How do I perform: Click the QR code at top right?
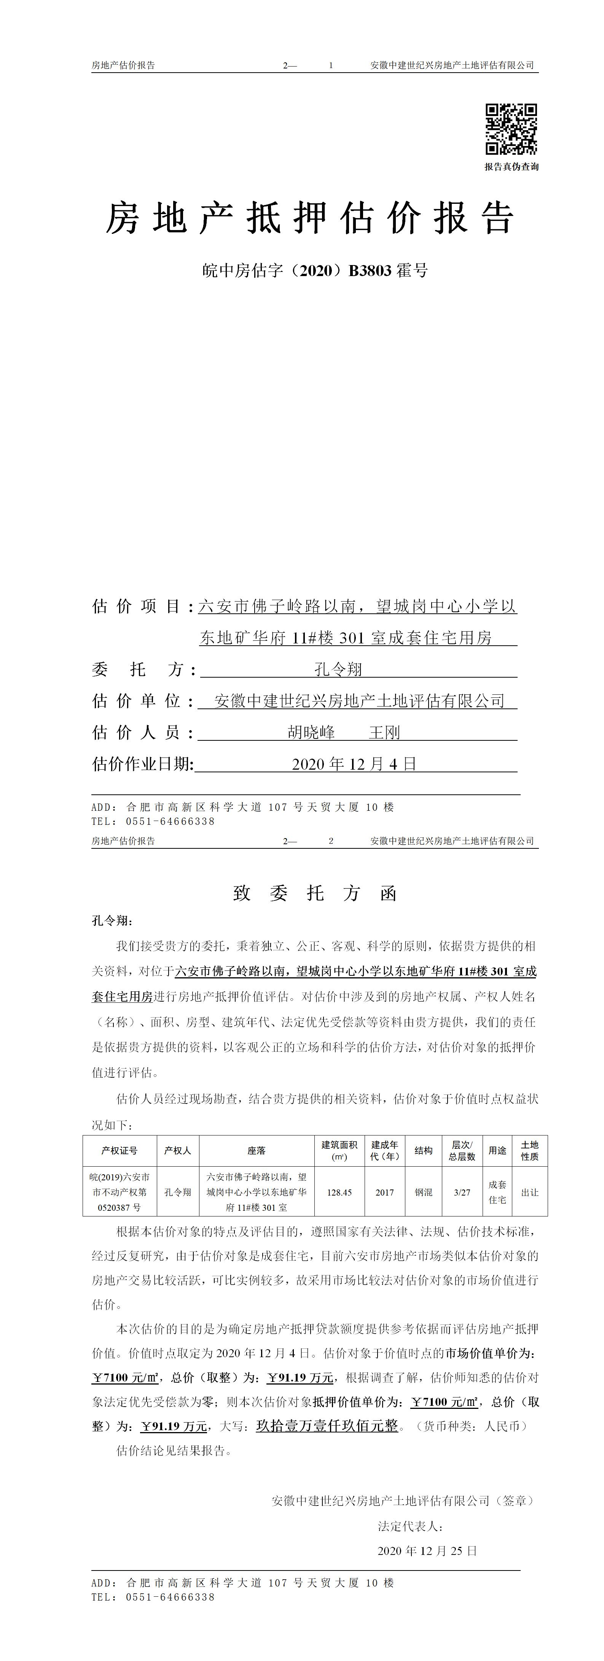point(511,129)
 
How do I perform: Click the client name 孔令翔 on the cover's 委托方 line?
point(338,669)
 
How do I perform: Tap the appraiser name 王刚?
point(385,732)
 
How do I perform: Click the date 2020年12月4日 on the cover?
point(354,764)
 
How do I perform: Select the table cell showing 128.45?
point(339,1192)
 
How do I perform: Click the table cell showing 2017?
point(385,1192)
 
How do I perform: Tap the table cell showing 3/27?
point(462,1192)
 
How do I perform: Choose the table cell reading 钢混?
point(423,1192)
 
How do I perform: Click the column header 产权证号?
point(120,1150)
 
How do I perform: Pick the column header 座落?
point(256,1150)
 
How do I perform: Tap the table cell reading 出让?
point(530,1192)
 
